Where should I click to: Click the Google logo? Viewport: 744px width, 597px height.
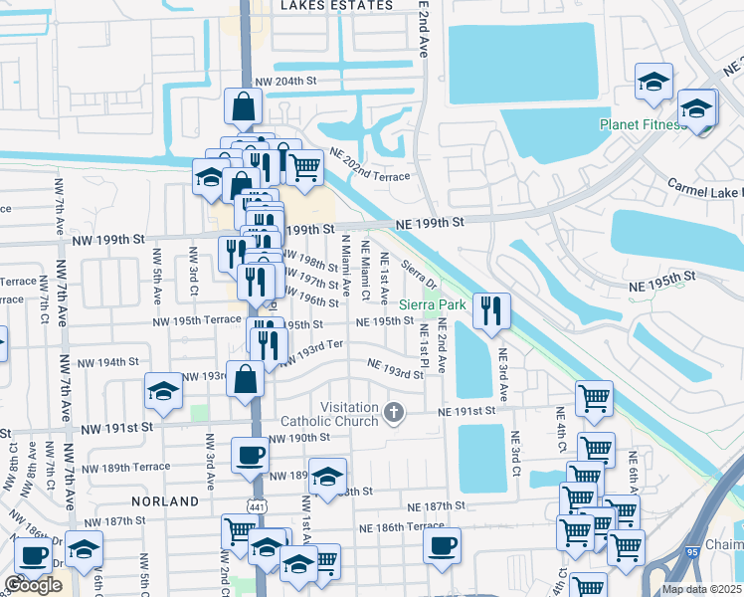33,585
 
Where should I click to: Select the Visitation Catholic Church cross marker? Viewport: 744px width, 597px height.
395,412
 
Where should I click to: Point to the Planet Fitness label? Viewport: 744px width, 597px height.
642,125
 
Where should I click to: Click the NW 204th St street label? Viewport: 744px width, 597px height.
284,82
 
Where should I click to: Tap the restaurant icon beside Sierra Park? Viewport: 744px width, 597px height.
491,311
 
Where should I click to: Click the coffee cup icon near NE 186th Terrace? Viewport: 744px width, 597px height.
442,545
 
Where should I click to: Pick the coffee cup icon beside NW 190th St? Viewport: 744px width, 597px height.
250,455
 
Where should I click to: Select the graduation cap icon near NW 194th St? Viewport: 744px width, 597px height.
163,391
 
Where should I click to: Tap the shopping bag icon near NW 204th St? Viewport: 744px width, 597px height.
243,104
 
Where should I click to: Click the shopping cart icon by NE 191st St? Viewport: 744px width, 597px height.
594,397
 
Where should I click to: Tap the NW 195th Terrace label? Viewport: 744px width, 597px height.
196,322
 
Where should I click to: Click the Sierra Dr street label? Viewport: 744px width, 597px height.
419,271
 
